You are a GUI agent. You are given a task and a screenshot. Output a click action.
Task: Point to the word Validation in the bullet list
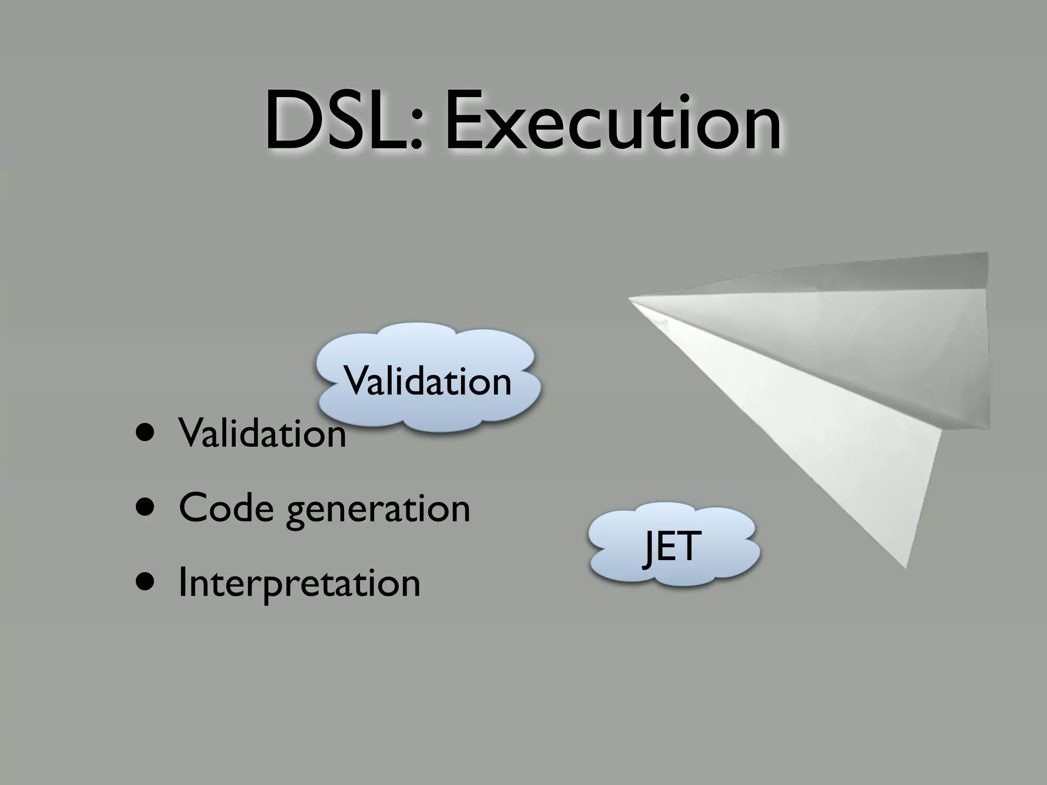click(x=262, y=433)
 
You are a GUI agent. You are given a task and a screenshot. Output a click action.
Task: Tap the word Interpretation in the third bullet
click(x=299, y=584)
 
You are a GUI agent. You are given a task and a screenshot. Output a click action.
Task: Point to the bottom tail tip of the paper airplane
click(x=905, y=567)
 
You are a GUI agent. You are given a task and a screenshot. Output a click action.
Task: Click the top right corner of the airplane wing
click(x=987, y=253)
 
